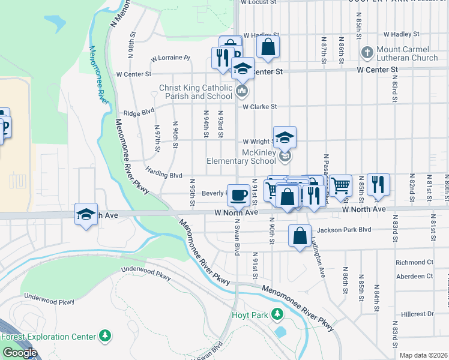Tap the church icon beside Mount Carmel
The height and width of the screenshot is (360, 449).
(367, 53)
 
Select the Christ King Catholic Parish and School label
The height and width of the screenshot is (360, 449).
(195, 92)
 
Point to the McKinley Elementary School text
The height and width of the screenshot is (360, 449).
(241, 157)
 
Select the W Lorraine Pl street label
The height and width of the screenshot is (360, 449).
(170, 59)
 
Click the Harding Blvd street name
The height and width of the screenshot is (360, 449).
(163, 176)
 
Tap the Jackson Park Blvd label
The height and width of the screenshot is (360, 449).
(345, 230)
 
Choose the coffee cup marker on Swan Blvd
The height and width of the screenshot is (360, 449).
(239, 194)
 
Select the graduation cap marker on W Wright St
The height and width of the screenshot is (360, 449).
(285, 136)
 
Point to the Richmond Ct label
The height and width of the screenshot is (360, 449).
(414, 263)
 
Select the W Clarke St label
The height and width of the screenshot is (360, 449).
(259, 107)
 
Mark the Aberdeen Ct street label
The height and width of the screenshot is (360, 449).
(414, 276)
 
